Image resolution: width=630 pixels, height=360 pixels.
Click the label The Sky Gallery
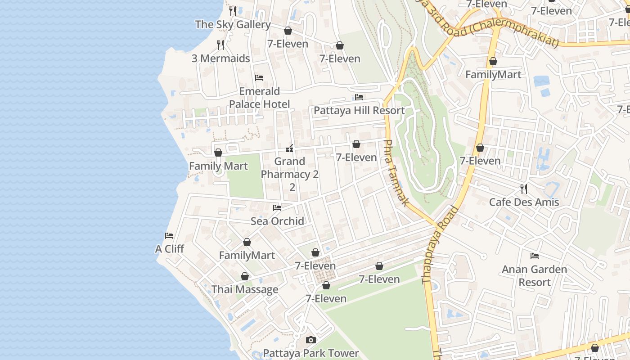233,25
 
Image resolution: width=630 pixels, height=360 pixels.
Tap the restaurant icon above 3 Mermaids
220,45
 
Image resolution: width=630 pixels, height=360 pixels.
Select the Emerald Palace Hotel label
259,98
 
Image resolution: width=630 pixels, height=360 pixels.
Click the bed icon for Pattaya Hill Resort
359,97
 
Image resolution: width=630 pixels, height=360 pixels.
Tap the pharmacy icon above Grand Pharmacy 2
290,148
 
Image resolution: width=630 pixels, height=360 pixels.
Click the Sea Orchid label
277,221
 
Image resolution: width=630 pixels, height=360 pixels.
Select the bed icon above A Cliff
169,235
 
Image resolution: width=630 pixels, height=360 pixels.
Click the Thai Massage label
245,289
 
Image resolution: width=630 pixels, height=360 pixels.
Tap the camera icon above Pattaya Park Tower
310,340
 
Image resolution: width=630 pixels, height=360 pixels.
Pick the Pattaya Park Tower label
310,353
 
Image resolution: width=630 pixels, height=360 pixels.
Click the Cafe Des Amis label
524,202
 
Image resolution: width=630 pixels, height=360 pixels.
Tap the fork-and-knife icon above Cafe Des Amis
524,189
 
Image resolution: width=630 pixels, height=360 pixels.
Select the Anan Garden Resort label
534,276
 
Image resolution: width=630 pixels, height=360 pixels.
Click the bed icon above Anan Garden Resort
534,256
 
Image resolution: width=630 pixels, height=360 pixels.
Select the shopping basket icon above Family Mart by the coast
218,153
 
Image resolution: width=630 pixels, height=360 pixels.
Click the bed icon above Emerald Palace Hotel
259,78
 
